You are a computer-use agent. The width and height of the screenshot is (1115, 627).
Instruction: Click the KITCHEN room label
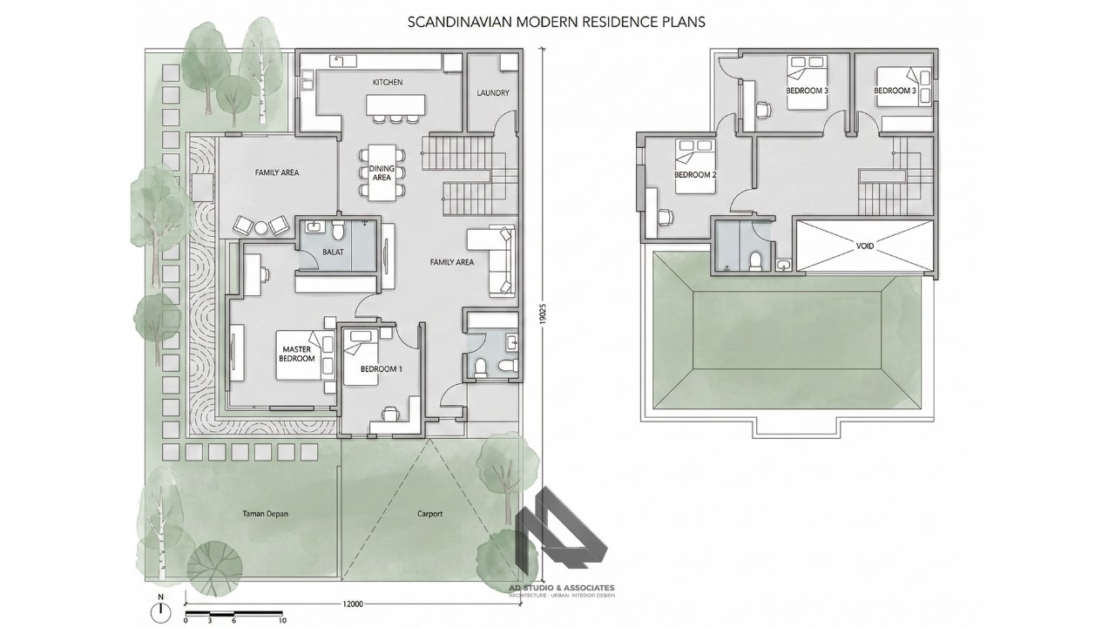(388, 82)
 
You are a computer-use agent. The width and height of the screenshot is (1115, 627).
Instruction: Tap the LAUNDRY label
(493, 93)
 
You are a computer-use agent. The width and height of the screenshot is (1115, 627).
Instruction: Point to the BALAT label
(333, 253)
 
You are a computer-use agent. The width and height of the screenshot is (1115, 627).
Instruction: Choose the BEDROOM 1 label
(382, 369)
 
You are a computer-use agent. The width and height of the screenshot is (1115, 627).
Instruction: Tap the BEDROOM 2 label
(695, 174)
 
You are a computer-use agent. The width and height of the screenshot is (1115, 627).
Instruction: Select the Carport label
(429, 514)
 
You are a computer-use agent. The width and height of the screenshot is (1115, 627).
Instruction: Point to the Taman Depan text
(265, 514)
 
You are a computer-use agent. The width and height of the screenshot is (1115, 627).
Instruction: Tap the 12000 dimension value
(353, 603)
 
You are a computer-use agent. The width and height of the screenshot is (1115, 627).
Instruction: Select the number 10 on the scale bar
(282, 621)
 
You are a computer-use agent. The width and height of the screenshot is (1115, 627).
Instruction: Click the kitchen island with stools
(396, 104)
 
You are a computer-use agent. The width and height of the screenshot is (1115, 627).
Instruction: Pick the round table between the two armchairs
(260, 228)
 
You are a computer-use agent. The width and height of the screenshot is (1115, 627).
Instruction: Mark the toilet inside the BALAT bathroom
(339, 231)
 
